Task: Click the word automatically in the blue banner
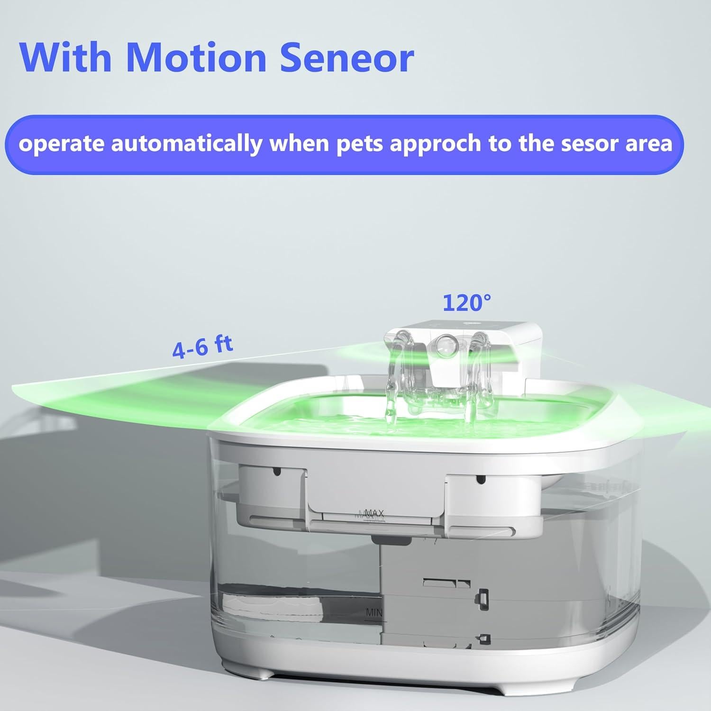tap(186, 144)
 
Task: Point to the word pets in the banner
tap(360, 144)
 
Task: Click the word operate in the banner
tap(62, 144)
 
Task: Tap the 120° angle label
tap(466, 303)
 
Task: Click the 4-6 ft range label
tap(202, 346)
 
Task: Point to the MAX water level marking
tap(374, 513)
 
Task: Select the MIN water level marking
tap(374, 612)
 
